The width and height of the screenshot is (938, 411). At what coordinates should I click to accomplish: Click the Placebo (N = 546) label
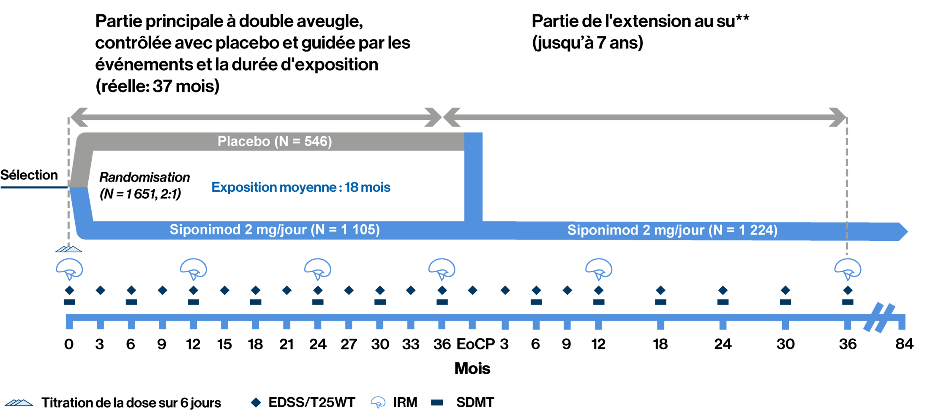(x=275, y=141)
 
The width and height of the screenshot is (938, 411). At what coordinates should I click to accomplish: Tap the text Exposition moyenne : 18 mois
(x=300, y=187)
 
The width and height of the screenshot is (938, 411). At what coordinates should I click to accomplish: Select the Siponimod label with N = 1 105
(x=275, y=230)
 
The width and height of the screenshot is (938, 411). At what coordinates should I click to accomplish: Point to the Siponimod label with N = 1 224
(x=672, y=230)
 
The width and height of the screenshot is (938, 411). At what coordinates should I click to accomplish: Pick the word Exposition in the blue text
(x=244, y=187)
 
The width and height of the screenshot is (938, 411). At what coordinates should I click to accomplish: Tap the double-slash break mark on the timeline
(x=879, y=318)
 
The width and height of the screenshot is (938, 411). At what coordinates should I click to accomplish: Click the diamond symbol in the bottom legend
(x=256, y=402)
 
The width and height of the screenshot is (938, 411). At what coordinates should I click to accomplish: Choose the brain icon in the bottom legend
(x=378, y=402)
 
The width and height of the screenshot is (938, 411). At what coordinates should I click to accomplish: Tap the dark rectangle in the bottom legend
(x=437, y=402)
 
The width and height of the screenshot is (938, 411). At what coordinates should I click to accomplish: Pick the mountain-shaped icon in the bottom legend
(x=19, y=403)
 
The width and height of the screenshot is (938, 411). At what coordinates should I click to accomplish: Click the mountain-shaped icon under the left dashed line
(x=69, y=249)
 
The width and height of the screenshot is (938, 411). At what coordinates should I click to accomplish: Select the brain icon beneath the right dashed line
(x=848, y=269)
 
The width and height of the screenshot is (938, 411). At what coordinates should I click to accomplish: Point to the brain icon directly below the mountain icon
(x=70, y=269)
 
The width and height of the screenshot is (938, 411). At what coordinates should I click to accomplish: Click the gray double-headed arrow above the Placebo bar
(x=255, y=117)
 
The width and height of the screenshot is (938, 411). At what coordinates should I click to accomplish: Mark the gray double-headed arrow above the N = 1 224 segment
(x=645, y=117)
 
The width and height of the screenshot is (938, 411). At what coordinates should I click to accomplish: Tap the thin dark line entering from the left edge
(x=34, y=187)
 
